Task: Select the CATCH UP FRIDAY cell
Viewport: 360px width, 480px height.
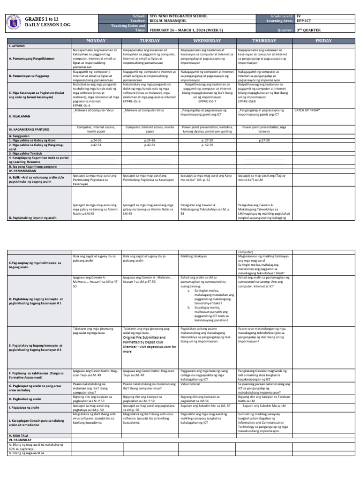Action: (x=310, y=110)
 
